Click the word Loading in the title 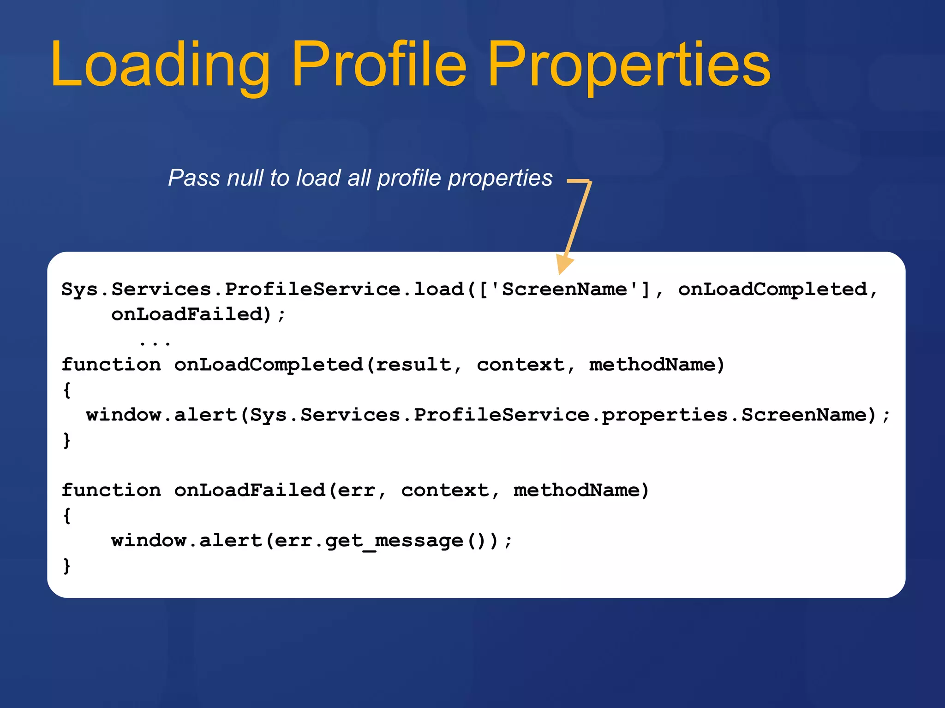coord(160,65)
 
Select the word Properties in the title coord(629,65)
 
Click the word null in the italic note coord(245,178)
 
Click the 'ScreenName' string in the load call coord(564,289)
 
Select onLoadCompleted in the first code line coord(772,289)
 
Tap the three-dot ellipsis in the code coord(155,342)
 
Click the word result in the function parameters coord(413,365)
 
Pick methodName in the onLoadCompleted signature coord(652,365)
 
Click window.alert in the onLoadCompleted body coord(161,415)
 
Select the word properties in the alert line coord(664,415)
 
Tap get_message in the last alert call coord(394,541)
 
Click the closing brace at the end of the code coord(67,566)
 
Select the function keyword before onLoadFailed coord(111,490)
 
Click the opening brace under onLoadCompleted coord(67,390)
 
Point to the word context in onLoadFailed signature coord(445,490)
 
